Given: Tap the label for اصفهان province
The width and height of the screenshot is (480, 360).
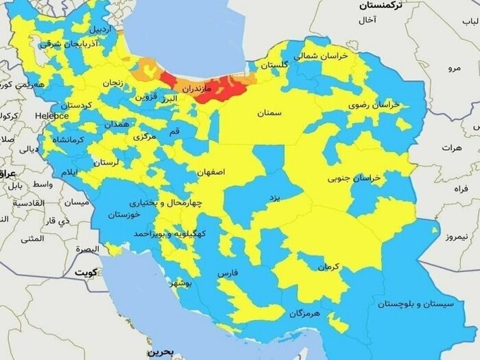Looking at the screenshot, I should (x=211, y=173).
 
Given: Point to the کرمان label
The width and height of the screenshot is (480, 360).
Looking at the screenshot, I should (x=327, y=265).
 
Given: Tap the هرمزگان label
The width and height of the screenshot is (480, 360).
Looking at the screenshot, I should (x=305, y=313).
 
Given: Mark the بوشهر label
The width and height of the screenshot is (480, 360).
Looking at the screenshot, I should (x=187, y=283).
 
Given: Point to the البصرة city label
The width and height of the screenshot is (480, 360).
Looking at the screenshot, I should (x=87, y=248).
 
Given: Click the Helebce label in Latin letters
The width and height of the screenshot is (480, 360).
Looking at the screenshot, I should (x=52, y=116).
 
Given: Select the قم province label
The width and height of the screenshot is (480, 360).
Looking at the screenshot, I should (x=175, y=130).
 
